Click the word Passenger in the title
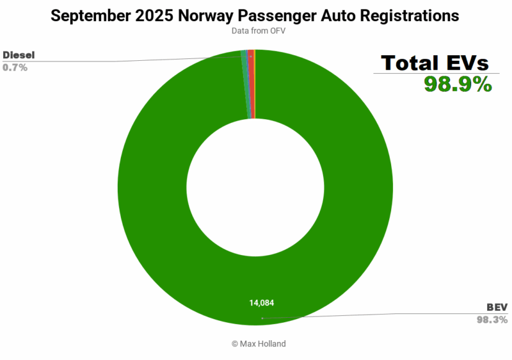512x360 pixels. [x=275, y=16]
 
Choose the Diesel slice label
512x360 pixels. [x=19, y=55]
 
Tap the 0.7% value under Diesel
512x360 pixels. [x=15, y=67]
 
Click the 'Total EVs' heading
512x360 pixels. [x=435, y=63]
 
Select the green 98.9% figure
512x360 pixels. [x=457, y=84]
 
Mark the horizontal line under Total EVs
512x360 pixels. [x=433, y=74]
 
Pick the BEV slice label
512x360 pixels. [x=497, y=308]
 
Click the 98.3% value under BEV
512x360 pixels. [x=493, y=319]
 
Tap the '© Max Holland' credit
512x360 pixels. [x=259, y=344]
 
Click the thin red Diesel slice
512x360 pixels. [x=252, y=83]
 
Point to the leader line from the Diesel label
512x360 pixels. [x=128, y=61]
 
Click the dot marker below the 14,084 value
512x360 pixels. [x=261, y=318]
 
